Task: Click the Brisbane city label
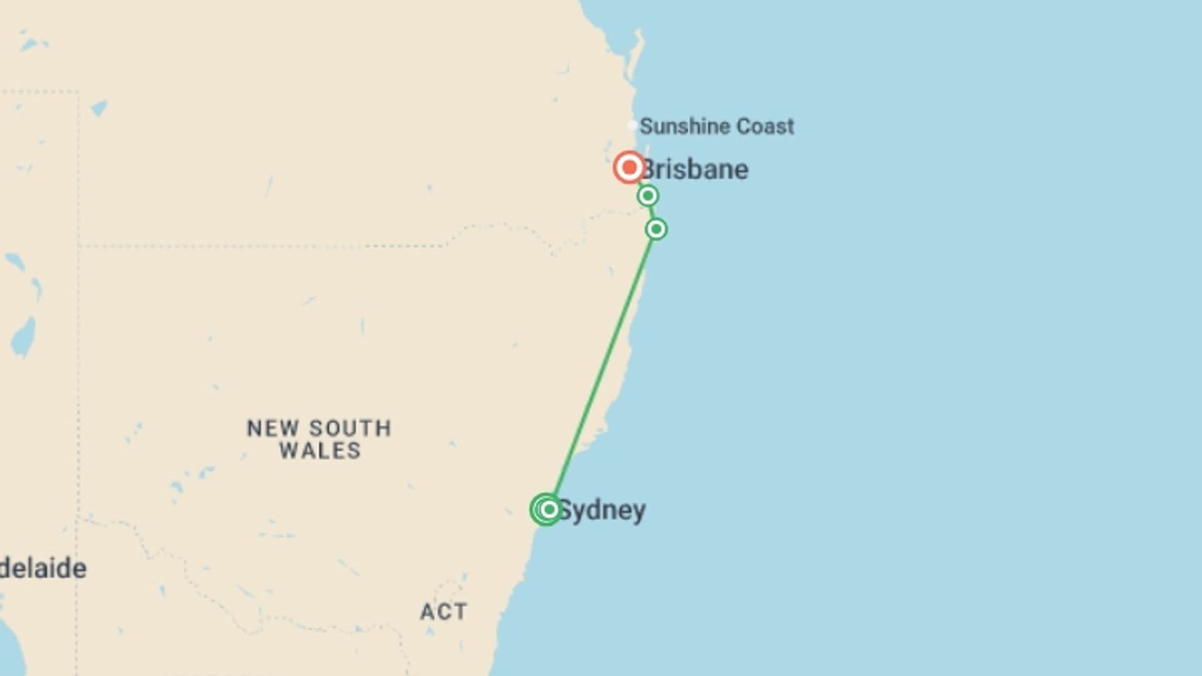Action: pos(695,170)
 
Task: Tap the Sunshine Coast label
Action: pos(716,126)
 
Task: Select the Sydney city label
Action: pos(602,511)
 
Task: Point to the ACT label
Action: pos(443,612)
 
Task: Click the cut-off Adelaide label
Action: pos(43,569)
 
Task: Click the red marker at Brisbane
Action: pos(629,167)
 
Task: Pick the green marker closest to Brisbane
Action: pos(648,196)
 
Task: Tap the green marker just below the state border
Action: pos(656,229)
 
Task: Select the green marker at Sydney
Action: pos(548,510)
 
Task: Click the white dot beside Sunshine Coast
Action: pos(632,126)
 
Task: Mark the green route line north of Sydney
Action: pos(601,369)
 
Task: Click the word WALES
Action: pos(320,451)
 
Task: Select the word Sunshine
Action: pos(684,126)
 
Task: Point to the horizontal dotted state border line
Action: pos(250,246)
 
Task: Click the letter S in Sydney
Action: pos(564,510)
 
